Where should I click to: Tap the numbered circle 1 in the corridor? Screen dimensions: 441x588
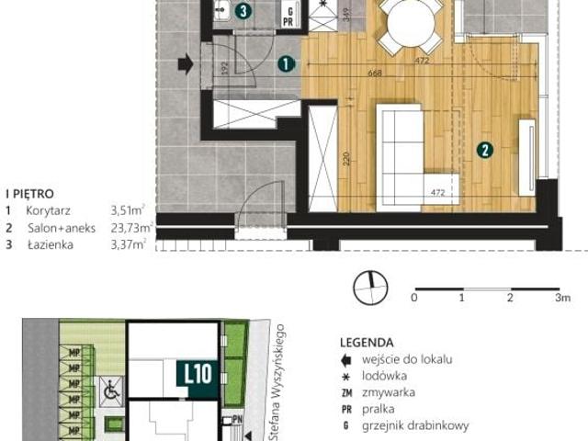286,64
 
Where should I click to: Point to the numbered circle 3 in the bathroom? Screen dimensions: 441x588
243,11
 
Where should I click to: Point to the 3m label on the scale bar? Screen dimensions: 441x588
561,298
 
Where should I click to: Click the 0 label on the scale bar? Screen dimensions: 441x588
414,298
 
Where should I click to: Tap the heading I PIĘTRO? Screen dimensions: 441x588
30,194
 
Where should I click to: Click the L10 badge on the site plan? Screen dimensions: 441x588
198,374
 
